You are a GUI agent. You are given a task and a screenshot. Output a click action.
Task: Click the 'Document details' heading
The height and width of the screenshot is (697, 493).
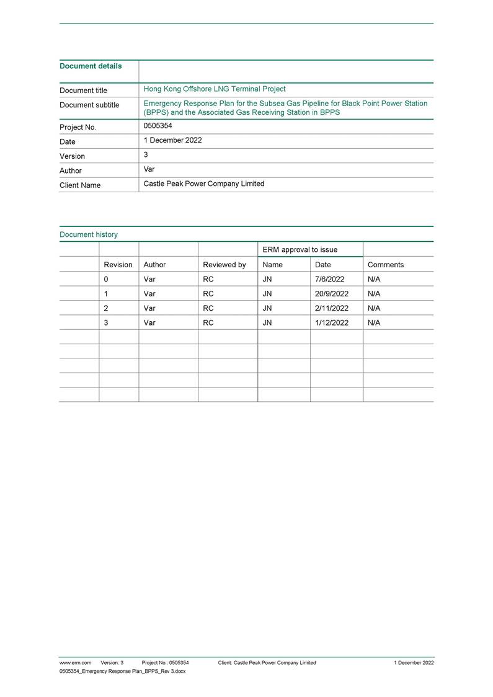point(91,66)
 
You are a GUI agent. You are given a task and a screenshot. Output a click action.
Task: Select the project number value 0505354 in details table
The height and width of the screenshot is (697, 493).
point(158,126)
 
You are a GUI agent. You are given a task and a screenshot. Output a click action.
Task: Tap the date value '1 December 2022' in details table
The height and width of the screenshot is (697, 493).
point(172,140)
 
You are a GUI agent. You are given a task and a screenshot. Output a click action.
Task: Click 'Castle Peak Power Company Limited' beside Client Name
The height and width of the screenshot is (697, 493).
point(203,184)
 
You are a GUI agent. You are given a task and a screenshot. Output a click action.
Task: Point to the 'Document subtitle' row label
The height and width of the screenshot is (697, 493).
point(89,105)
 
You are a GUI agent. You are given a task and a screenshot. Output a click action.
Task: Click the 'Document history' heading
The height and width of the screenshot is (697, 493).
point(89,234)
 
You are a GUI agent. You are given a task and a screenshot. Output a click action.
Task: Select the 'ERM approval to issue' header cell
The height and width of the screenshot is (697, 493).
point(300,249)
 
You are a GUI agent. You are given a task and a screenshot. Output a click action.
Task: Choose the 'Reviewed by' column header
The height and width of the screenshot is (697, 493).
point(224,265)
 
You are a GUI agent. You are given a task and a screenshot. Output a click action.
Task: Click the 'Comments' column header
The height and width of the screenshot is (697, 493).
point(386,265)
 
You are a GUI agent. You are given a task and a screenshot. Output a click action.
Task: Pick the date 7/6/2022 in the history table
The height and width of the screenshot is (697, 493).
point(330,279)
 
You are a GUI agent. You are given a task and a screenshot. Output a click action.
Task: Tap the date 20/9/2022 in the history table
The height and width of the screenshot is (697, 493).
point(332,294)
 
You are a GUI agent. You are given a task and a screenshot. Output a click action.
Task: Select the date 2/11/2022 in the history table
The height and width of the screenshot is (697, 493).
point(332,308)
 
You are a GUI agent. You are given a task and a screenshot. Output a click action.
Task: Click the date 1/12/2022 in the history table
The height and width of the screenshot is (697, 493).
point(332,322)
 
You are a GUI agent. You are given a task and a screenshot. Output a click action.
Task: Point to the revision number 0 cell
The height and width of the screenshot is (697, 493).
point(106,279)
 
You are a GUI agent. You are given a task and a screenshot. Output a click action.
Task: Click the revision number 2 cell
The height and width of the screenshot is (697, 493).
point(106,308)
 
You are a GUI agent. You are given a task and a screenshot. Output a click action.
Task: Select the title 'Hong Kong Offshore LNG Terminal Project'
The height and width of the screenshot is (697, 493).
point(215,89)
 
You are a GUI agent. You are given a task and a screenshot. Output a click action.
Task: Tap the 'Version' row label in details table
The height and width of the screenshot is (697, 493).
point(72,156)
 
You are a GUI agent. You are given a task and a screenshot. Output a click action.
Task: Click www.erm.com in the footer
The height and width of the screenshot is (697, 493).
point(75,663)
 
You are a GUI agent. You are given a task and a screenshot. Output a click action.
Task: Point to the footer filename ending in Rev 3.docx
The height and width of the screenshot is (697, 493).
point(122,672)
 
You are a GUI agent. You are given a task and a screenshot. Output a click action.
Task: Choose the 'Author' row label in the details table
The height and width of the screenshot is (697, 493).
point(71,171)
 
